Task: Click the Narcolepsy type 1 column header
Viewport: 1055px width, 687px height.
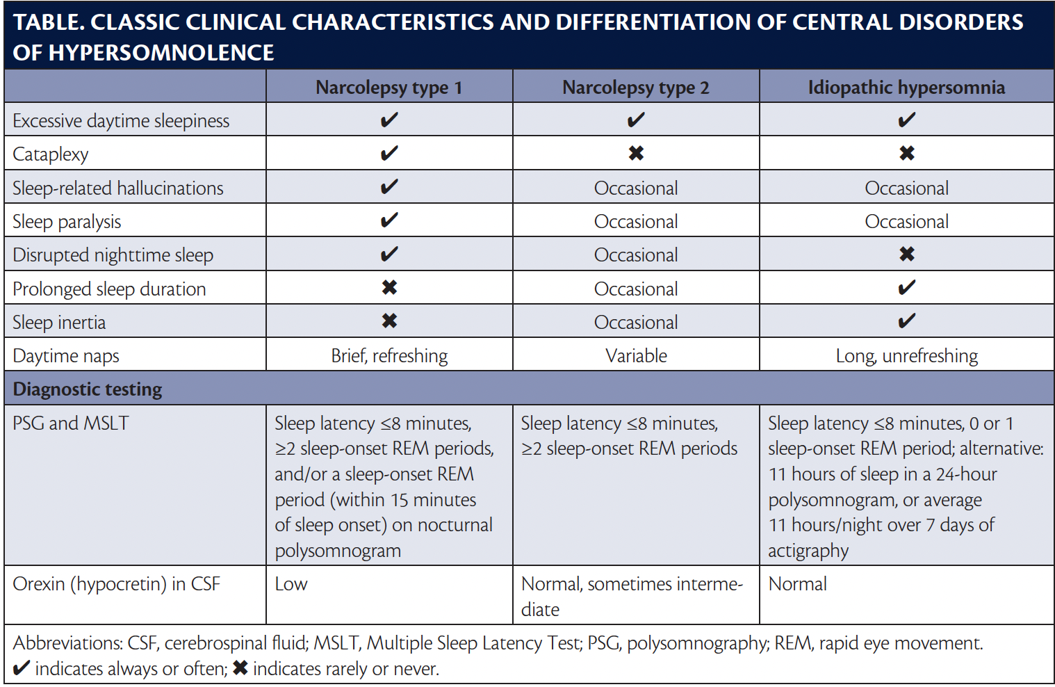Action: [389, 88]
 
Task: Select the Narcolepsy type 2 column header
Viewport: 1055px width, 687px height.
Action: [635, 88]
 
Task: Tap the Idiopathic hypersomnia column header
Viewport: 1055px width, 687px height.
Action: [906, 88]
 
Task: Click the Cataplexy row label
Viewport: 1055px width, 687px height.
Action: [51, 154]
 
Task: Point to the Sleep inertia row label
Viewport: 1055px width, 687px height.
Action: [59, 323]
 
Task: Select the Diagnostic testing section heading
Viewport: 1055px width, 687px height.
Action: [88, 389]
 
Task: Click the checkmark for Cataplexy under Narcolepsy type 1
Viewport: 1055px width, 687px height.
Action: [389, 153]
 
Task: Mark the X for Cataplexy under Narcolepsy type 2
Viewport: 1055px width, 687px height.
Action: [636, 153]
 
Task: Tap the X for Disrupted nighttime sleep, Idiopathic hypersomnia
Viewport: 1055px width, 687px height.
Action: [906, 254]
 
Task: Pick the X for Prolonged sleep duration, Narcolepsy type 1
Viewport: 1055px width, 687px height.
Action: [389, 288]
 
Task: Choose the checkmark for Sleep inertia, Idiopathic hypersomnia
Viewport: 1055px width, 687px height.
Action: [906, 321]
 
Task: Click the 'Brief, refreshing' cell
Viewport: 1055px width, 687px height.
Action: [389, 356]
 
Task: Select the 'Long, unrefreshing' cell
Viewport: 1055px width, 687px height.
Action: [906, 356]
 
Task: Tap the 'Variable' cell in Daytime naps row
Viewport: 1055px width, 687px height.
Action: [636, 356]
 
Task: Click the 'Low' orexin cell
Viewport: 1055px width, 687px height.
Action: [291, 584]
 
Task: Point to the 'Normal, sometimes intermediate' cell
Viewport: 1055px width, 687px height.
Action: [631, 596]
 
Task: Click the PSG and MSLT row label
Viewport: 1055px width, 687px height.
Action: [71, 423]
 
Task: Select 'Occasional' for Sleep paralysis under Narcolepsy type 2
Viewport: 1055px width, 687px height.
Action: [636, 222]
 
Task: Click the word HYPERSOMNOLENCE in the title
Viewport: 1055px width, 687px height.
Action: [161, 53]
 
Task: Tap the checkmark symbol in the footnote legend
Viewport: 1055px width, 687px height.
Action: [22, 668]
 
